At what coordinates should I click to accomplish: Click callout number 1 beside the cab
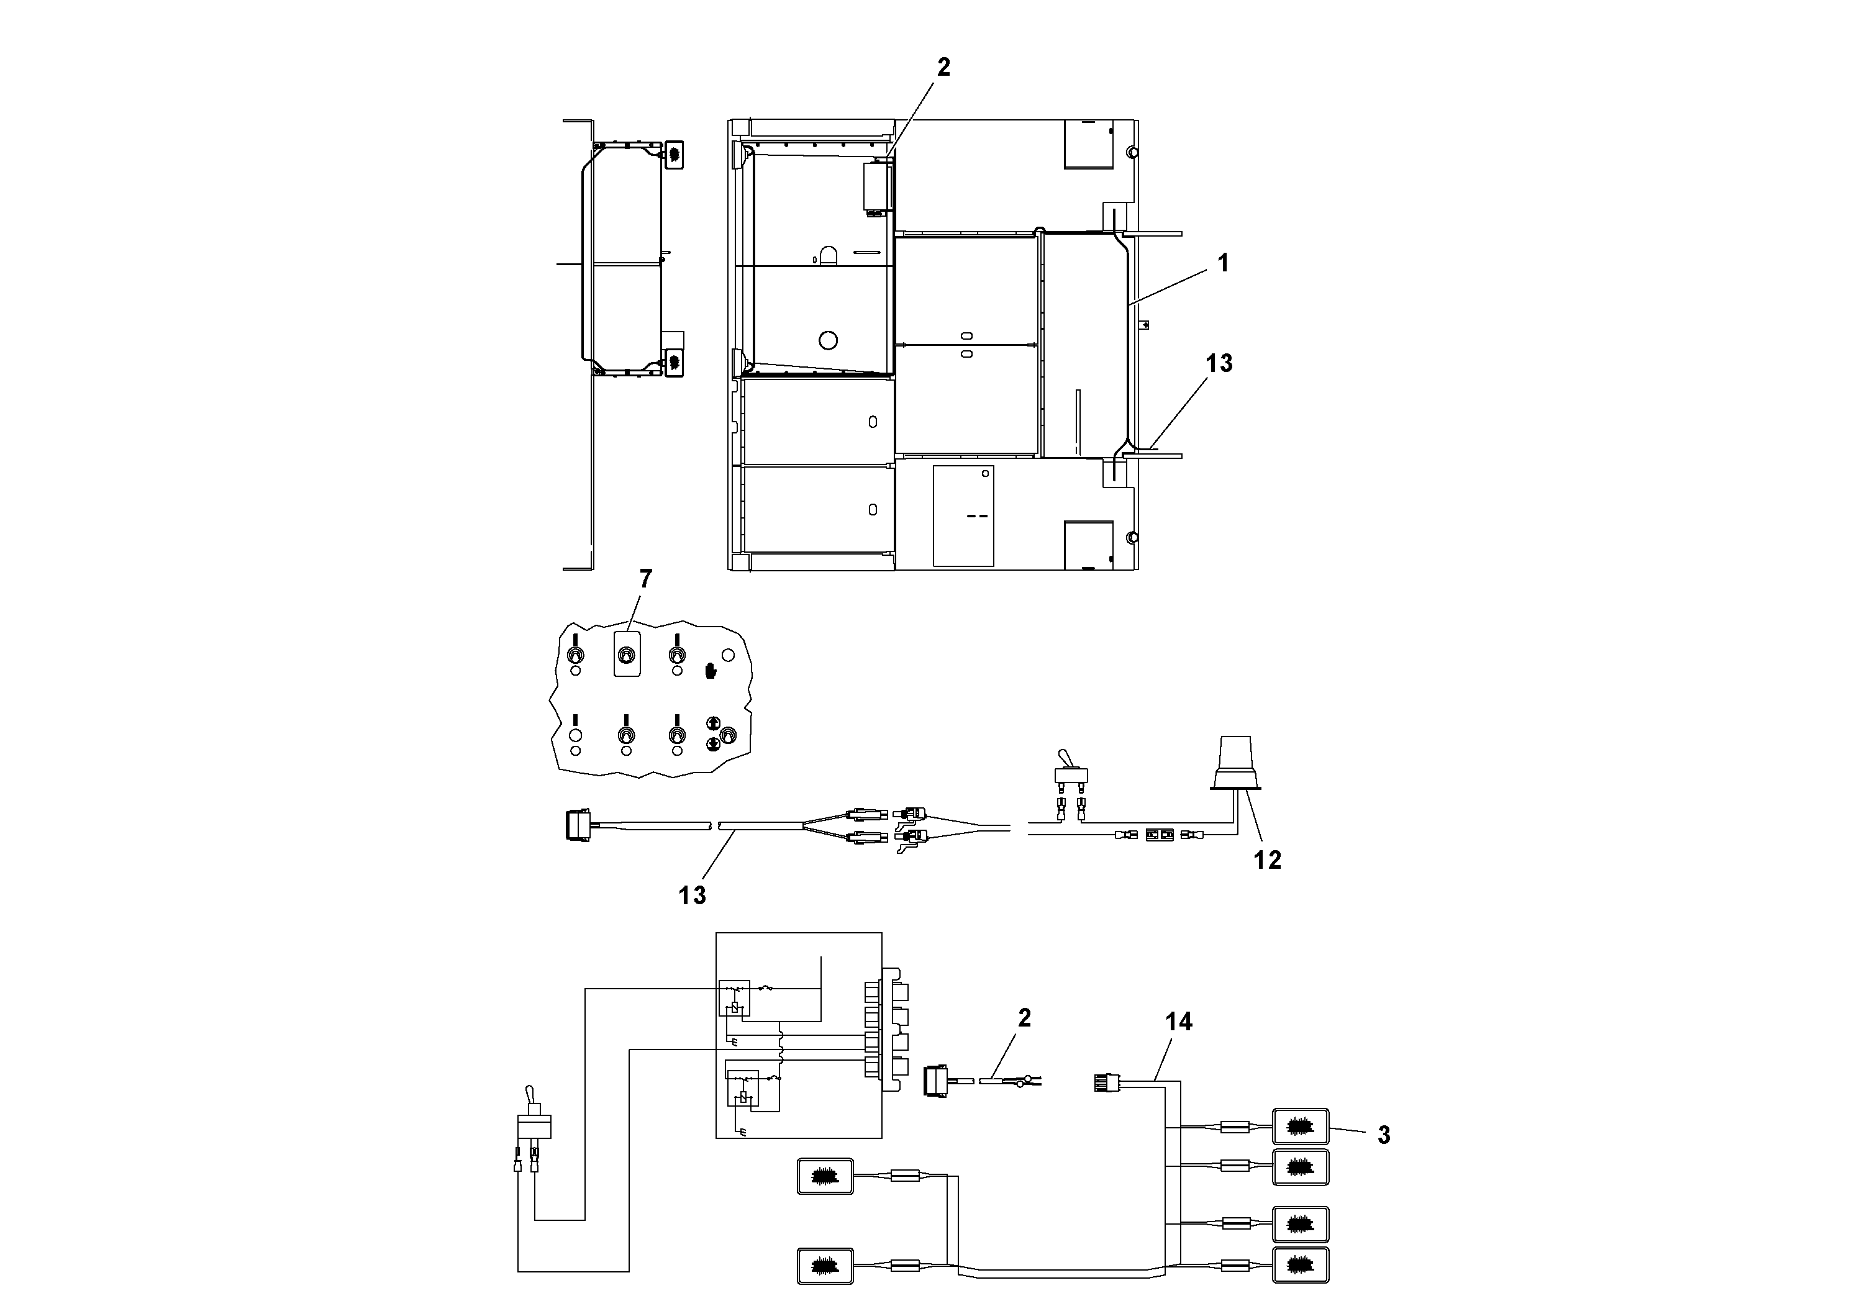(1222, 263)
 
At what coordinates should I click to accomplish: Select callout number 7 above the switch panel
(645, 578)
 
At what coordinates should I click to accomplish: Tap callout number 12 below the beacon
(1267, 860)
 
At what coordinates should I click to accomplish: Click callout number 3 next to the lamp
(1384, 1135)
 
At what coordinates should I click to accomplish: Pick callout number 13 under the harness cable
(692, 896)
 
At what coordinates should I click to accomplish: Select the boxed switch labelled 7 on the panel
(627, 654)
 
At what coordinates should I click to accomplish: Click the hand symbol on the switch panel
(711, 671)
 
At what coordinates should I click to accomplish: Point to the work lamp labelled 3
(1300, 1127)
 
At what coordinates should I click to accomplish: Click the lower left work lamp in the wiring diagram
(825, 1266)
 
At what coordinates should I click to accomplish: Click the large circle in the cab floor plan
(828, 340)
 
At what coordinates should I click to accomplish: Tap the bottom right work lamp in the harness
(1300, 1265)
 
